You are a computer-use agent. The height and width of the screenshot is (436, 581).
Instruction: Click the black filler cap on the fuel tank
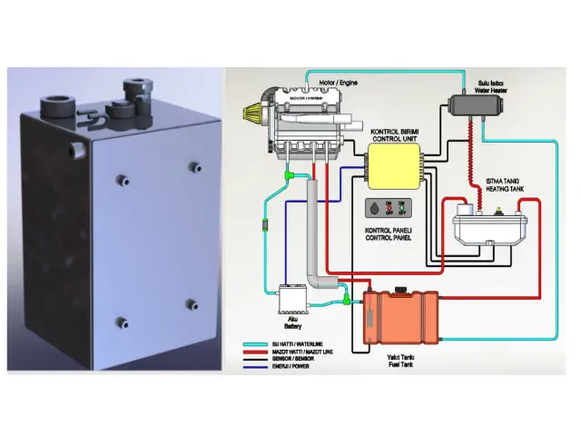tap(396, 290)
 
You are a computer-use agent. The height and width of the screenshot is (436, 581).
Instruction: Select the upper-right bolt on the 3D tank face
tap(193, 166)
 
